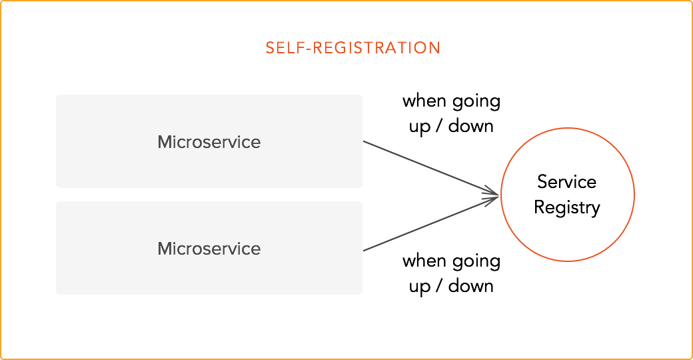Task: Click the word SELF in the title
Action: pyautogui.click(x=282, y=48)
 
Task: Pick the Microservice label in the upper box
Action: pyautogui.click(x=209, y=142)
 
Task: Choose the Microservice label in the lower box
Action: pyautogui.click(x=209, y=249)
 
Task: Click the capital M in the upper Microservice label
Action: pyautogui.click(x=165, y=142)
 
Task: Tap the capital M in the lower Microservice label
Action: pyautogui.click(x=165, y=249)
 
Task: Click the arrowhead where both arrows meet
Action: pyautogui.click(x=496, y=195)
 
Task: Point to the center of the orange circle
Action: pyautogui.click(x=568, y=195)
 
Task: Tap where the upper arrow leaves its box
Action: pyautogui.click(x=363, y=141)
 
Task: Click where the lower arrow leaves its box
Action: pyautogui.click(x=363, y=251)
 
